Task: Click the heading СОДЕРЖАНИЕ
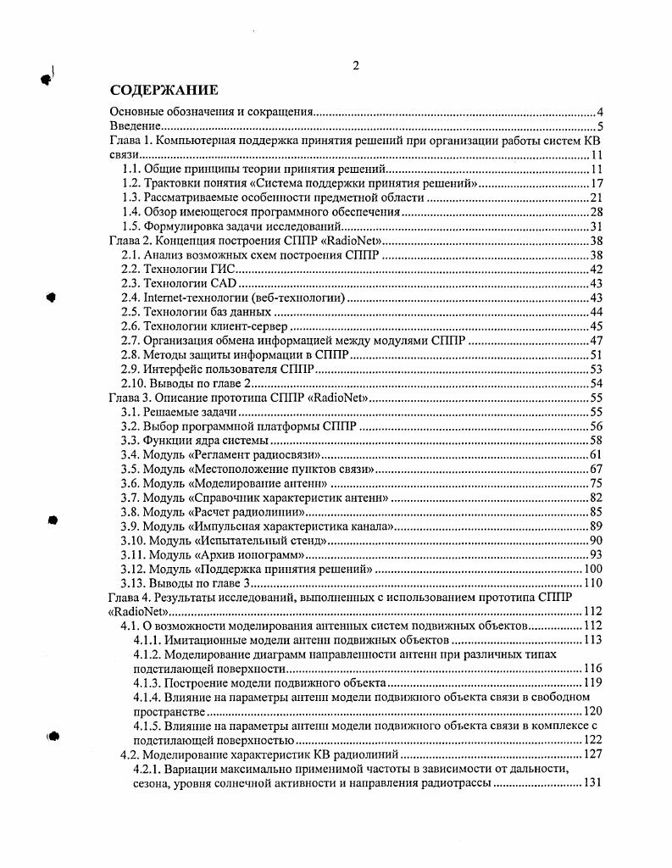click(x=164, y=90)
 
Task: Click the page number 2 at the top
click(x=356, y=66)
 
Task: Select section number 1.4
click(x=131, y=211)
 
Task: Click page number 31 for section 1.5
click(x=595, y=226)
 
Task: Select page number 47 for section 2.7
click(x=595, y=340)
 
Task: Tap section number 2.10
click(x=134, y=383)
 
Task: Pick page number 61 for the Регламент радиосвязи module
click(x=595, y=454)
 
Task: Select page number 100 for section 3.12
click(x=591, y=569)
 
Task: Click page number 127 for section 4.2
click(x=591, y=754)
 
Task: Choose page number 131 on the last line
click(x=591, y=782)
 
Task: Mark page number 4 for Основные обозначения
click(x=598, y=113)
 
